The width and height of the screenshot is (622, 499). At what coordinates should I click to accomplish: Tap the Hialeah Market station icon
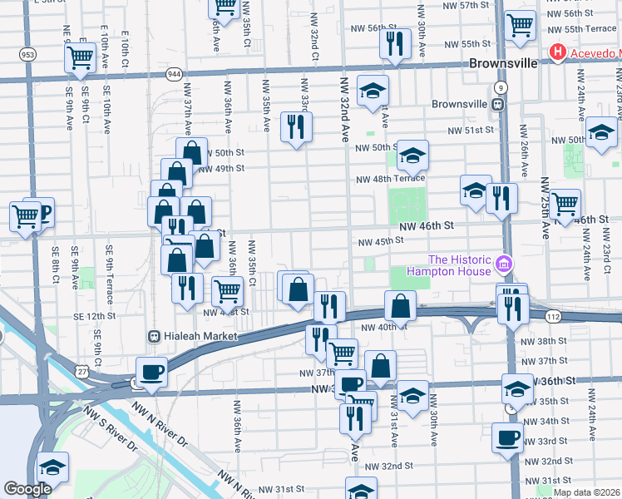tap(154, 336)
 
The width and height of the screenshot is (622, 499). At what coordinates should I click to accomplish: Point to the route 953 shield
tap(28, 55)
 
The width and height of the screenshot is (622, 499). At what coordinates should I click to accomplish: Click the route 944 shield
tap(175, 74)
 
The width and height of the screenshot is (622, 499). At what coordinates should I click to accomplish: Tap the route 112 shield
tap(553, 317)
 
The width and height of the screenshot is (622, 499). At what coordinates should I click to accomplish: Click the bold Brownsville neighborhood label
tap(499, 63)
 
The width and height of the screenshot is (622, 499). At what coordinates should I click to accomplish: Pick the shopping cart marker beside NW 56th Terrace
tap(520, 26)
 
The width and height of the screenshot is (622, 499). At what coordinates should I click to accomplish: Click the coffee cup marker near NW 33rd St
tap(507, 437)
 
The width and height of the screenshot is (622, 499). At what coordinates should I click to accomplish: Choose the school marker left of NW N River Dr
tap(52, 467)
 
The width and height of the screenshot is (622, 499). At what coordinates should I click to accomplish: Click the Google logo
tap(27, 489)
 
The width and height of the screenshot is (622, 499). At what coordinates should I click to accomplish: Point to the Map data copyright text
tap(586, 492)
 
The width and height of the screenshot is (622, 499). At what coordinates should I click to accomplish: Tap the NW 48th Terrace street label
tap(390, 179)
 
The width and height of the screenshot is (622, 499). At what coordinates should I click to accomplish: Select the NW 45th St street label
tap(380, 242)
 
